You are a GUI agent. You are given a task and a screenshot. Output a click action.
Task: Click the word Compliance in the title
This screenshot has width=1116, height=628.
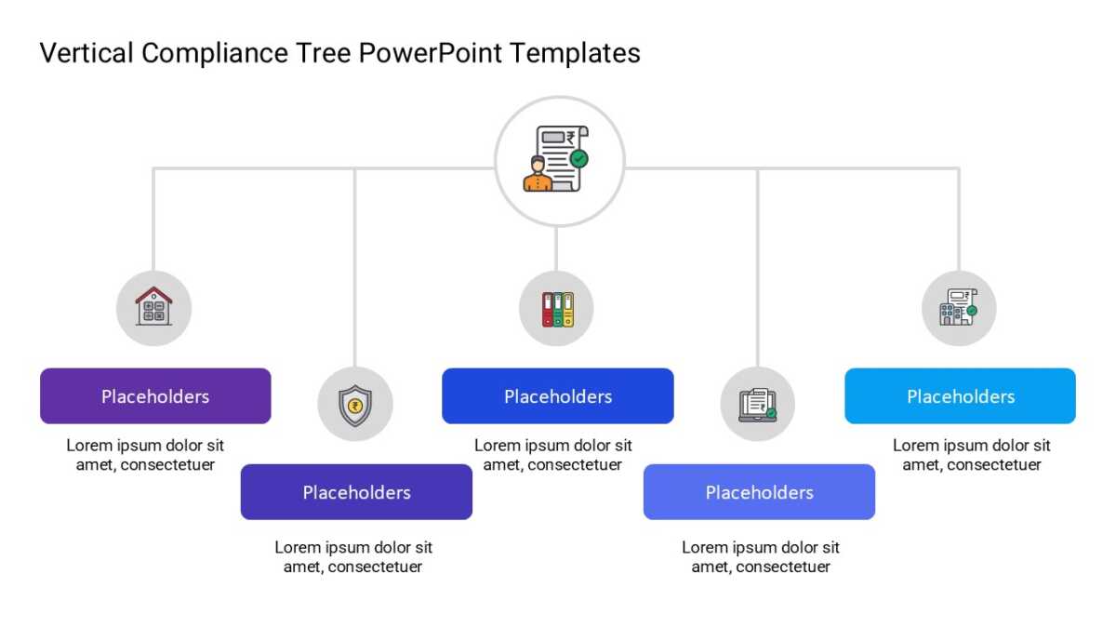[x=215, y=53]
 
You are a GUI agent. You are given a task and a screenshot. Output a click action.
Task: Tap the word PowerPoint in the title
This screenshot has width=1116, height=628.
[x=430, y=53]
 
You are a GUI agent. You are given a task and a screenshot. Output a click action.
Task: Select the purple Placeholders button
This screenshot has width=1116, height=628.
[x=155, y=396]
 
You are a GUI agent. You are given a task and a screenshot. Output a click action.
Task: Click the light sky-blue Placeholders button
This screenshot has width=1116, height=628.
[x=960, y=396]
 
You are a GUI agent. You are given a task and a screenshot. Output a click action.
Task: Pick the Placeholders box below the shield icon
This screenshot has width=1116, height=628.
[x=356, y=492]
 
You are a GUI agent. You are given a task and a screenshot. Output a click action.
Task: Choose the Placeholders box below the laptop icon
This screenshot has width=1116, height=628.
[x=759, y=492]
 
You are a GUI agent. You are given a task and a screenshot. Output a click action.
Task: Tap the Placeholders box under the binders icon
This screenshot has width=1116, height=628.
[x=557, y=396]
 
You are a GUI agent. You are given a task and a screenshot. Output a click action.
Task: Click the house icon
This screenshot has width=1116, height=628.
[x=154, y=306]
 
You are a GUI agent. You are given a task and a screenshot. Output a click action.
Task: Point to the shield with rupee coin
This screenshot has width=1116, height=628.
[x=354, y=406]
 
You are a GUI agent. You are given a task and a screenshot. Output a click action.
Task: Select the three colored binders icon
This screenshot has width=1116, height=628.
[x=557, y=310]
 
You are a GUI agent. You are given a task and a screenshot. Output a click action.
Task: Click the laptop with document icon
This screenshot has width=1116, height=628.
[x=757, y=405]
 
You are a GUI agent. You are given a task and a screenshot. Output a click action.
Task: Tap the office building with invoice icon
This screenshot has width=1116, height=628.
[x=958, y=308]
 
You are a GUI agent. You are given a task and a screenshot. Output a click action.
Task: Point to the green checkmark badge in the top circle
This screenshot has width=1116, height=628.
[x=578, y=159]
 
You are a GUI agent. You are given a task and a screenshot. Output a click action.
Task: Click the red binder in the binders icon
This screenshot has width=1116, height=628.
[x=548, y=310]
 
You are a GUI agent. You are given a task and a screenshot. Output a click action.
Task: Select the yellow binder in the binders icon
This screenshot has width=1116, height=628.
[x=568, y=310]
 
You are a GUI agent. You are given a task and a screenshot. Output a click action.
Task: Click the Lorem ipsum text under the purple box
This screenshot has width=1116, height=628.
[x=145, y=455]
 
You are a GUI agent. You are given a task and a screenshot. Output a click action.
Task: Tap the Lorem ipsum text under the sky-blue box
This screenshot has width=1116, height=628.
[x=972, y=455]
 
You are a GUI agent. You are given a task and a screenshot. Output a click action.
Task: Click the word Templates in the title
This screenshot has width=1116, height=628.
[x=575, y=53]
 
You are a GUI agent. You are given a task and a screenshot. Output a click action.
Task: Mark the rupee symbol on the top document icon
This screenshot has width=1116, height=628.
[x=570, y=137]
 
